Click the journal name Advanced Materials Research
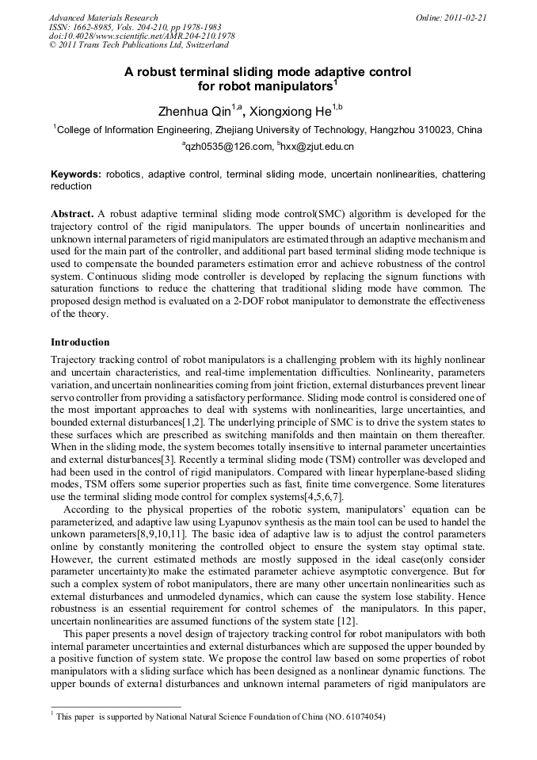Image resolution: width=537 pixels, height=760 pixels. [103, 17]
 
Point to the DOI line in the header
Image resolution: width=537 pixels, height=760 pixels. [142, 36]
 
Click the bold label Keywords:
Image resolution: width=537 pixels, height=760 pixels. [76, 174]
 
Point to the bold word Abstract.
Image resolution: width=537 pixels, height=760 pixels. [72, 215]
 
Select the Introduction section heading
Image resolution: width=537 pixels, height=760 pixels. [80, 342]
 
